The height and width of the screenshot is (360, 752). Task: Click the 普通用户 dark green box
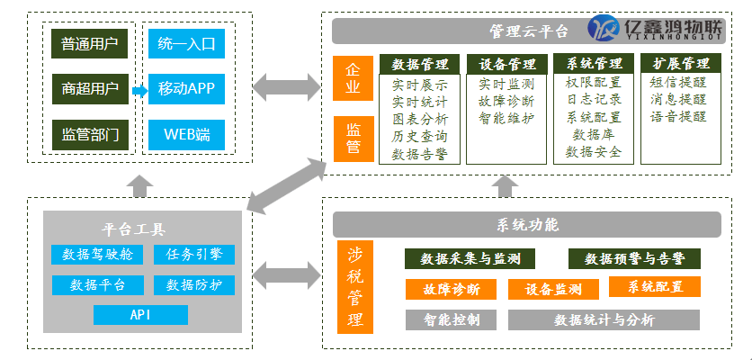(x=90, y=44)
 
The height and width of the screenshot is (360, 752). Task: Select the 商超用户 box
(x=90, y=89)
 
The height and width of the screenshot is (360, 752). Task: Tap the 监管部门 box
(x=90, y=134)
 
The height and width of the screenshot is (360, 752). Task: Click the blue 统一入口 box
(x=186, y=44)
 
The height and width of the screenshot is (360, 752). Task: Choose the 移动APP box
(x=186, y=89)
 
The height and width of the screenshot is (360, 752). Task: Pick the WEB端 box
(x=186, y=134)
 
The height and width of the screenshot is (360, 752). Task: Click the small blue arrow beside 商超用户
(x=139, y=91)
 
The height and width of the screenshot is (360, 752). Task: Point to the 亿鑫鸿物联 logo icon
(x=604, y=28)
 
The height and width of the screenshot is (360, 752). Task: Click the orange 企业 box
(x=353, y=78)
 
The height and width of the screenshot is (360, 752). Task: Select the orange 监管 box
(x=354, y=139)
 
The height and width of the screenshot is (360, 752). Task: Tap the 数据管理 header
(x=420, y=63)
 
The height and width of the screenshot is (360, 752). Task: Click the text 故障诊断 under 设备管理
(x=506, y=102)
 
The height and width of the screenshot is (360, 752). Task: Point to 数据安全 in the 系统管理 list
(x=594, y=152)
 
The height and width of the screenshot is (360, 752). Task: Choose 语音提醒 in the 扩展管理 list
(x=678, y=117)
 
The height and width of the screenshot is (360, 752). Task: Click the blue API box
(x=140, y=315)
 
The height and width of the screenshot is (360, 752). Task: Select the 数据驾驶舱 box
(x=98, y=255)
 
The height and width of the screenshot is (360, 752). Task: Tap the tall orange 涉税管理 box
(x=355, y=287)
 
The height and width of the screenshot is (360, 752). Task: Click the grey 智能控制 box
(x=451, y=320)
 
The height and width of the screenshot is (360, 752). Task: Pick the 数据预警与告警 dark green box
(x=634, y=258)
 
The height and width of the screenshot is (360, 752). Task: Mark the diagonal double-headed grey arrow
(x=287, y=186)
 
